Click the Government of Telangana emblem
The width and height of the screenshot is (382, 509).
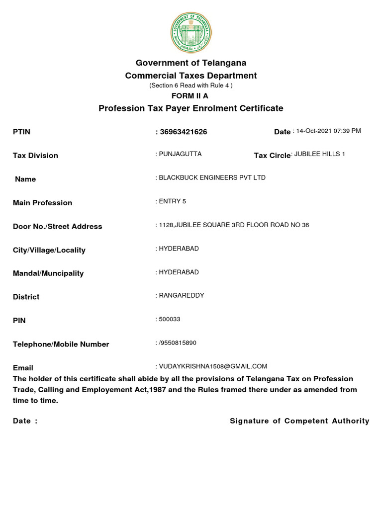pyautogui.click(x=191, y=32)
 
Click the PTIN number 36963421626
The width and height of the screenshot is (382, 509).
pyautogui.click(x=183, y=132)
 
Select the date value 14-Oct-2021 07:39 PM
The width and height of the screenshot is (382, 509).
pyautogui.click(x=328, y=131)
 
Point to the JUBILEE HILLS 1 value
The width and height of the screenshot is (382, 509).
pyautogui.click(x=319, y=154)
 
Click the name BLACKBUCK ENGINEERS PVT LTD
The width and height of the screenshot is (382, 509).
pyautogui.click(x=212, y=177)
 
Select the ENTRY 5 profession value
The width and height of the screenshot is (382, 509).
pyautogui.click(x=173, y=201)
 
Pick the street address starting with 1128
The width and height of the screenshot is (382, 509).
pyautogui.click(x=233, y=225)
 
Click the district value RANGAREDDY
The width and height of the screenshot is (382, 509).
pyautogui.click(x=182, y=295)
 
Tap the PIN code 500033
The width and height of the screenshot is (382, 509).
pyautogui.click(x=170, y=319)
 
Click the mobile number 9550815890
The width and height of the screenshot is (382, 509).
pyautogui.click(x=178, y=343)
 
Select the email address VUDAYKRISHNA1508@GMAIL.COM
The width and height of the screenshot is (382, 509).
pyautogui.click(x=213, y=366)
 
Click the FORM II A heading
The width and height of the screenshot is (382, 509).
pyautogui.click(x=191, y=96)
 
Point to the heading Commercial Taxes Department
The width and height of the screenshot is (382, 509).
pyautogui.click(x=191, y=76)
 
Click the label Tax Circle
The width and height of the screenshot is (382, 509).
pyautogui.click(x=272, y=156)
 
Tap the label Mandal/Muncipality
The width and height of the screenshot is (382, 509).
pyautogui.click(x=48, y=273)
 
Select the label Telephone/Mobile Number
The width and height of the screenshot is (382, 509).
pyautogui.click(x=61, y=344)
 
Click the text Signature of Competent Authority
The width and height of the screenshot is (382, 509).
pyautogui.click(x=299, y=421)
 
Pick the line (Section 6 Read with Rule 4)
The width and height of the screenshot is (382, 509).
pyautogui.click(x=191, y=85)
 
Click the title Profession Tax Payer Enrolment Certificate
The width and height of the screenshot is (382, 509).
pyautogui.click(x=191, y=108)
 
